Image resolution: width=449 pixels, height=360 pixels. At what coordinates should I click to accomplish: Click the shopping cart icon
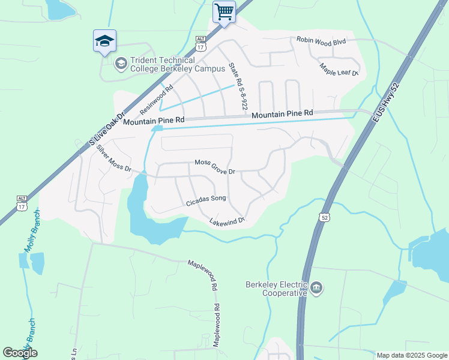pyautogui.click(x=224, y=11)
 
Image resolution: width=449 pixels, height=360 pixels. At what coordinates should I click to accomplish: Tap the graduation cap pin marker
pyautogui.click(x=104, y=41)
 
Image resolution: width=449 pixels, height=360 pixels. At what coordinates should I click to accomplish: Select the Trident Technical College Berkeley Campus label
pyautogui.click(x=163, y=64)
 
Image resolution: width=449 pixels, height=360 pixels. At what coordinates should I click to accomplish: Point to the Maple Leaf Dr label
pyautogui.click(x=339, y=70)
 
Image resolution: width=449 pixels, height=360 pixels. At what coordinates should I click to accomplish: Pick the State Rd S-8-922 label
pyautogui.click(x=238, y=86)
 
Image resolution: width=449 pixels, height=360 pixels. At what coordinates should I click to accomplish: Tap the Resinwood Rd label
pyautogui.click(x=156, y=99)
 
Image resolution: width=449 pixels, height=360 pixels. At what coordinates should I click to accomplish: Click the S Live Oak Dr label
pyautogui.click(x=106, y=130)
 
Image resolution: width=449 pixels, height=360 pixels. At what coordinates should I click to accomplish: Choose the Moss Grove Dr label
pyautogui.click(x=214, y=167)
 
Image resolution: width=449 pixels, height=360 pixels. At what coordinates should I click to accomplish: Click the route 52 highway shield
pyautogui.click(x=325, y=217)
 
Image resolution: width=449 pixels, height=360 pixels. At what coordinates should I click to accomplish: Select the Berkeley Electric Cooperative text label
pyautogui.click(x=277, y=289)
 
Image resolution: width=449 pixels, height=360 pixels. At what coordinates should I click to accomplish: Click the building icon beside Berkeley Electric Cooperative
pyautogui.click(x=317, y=289)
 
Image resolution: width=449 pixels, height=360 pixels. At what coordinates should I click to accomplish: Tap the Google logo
pyautogui.click(x=20, y=353)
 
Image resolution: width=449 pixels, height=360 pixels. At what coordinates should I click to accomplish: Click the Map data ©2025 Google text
pyautogui.click(x=411, y=355)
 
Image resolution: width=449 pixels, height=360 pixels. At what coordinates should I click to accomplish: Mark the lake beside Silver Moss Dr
pyautogui.click(x=150, y=219)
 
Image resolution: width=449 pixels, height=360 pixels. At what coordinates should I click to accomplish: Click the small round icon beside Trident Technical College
pyautogui.click(x=121, y=63)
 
